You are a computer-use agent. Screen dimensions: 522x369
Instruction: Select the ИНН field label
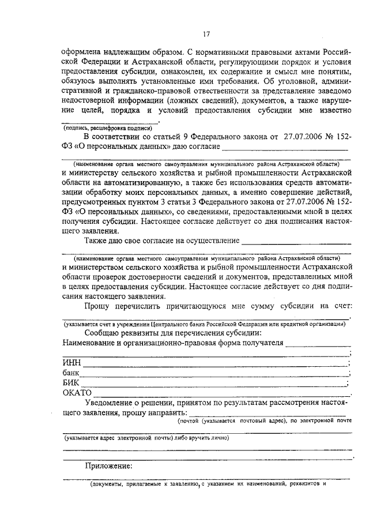click(x=72, y=363)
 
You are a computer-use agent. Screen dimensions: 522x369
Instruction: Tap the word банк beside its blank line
click(x=72, y=373)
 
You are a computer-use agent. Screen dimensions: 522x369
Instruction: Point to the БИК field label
click(x=71, y=382)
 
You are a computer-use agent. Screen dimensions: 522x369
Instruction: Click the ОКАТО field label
click(x=77, y=393)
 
